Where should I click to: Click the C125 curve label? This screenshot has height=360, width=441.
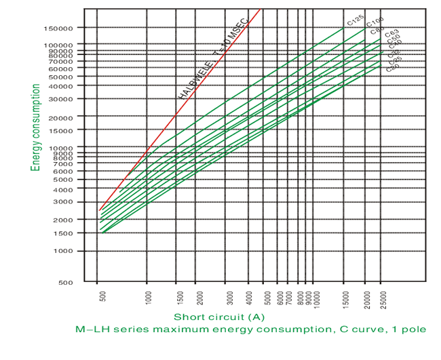click(356, 22)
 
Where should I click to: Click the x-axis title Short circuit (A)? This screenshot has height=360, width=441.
click(218, 317)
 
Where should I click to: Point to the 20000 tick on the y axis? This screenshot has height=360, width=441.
click(65, 117)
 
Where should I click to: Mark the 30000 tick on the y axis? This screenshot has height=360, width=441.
click(65, 99)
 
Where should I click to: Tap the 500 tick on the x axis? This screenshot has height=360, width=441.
click(102, 297)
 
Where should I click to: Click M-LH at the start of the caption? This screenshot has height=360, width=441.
click(91, 330)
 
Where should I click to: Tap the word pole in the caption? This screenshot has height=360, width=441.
click(413, 330)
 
